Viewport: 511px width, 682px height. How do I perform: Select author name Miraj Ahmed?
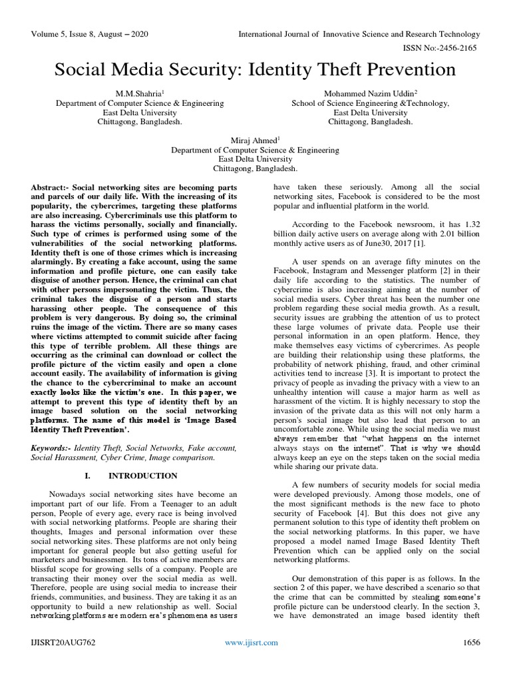(x=254, y=141)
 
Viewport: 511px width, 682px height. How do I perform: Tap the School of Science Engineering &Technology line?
(x=370, y=103)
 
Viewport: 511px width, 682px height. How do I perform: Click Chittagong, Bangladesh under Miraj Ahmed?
(x=255, y=169)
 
